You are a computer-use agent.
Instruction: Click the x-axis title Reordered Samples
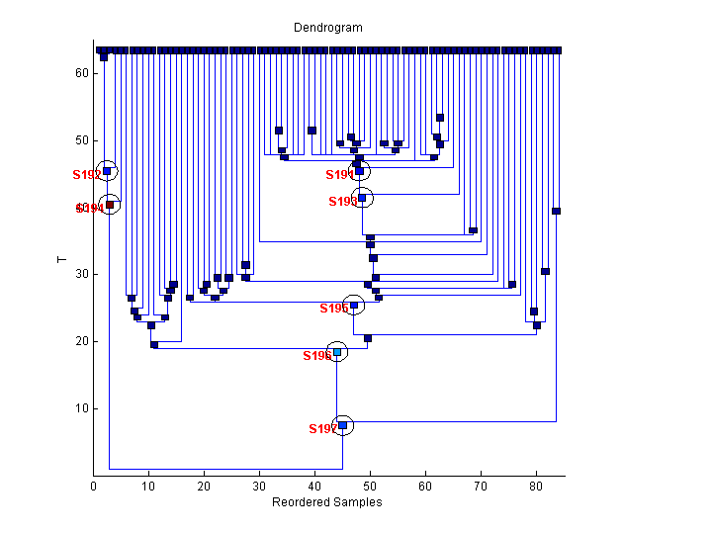tap(326, 502)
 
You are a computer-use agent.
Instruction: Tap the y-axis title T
tap(61, 260)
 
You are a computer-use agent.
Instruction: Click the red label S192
tap(87, 174)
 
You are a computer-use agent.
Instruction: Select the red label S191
tap(340, 175)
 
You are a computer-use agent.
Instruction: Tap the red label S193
tap(342, 202)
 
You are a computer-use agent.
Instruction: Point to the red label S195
tap(333, 309)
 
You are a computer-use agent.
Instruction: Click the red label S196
tap(316, 356)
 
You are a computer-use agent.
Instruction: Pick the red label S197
tap(322, 429)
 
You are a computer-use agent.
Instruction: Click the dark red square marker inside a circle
tap(110, 205)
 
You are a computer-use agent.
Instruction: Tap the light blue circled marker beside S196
tap(337, 352)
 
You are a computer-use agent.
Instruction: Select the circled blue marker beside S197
tap(343, 426)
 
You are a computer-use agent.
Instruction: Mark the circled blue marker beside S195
tap(354, 306)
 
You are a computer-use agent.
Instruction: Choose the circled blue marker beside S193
tap(362, 198)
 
